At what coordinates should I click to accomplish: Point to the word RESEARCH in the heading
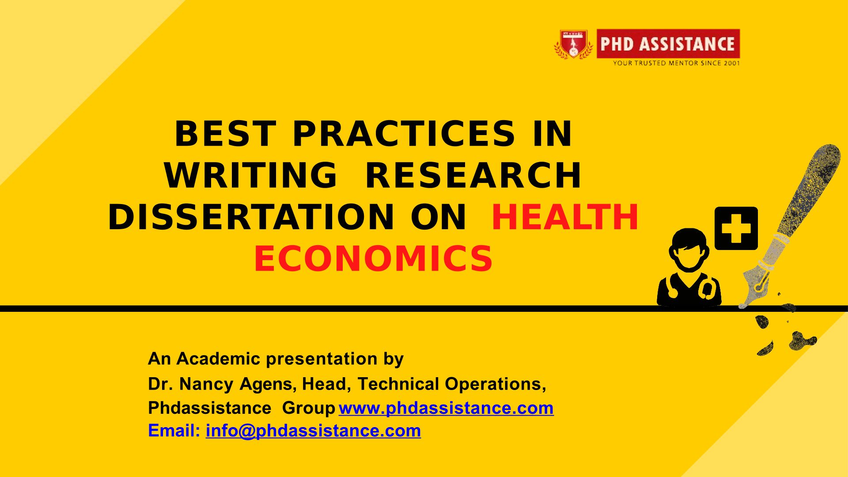click(x=473, y=175)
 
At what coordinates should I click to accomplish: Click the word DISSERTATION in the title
click(x=251, y=217)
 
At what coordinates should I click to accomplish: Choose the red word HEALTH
click(x=565, y=217)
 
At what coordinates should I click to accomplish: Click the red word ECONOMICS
click(x=373, y=258)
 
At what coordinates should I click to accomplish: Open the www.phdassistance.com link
click(x=446, y=408)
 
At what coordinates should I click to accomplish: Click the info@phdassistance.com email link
click(x=313, y=431)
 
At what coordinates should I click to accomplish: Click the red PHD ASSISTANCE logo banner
click(x=668, y=44)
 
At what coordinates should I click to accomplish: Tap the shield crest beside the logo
click(x=573, y=44)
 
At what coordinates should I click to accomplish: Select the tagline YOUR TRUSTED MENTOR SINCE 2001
click(x=676, y=63)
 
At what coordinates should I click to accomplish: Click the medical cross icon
click(x=736, y=228)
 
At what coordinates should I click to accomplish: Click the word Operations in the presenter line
click(x=495, y=384)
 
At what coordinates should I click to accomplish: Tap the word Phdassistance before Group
click(x=209, y=408)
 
